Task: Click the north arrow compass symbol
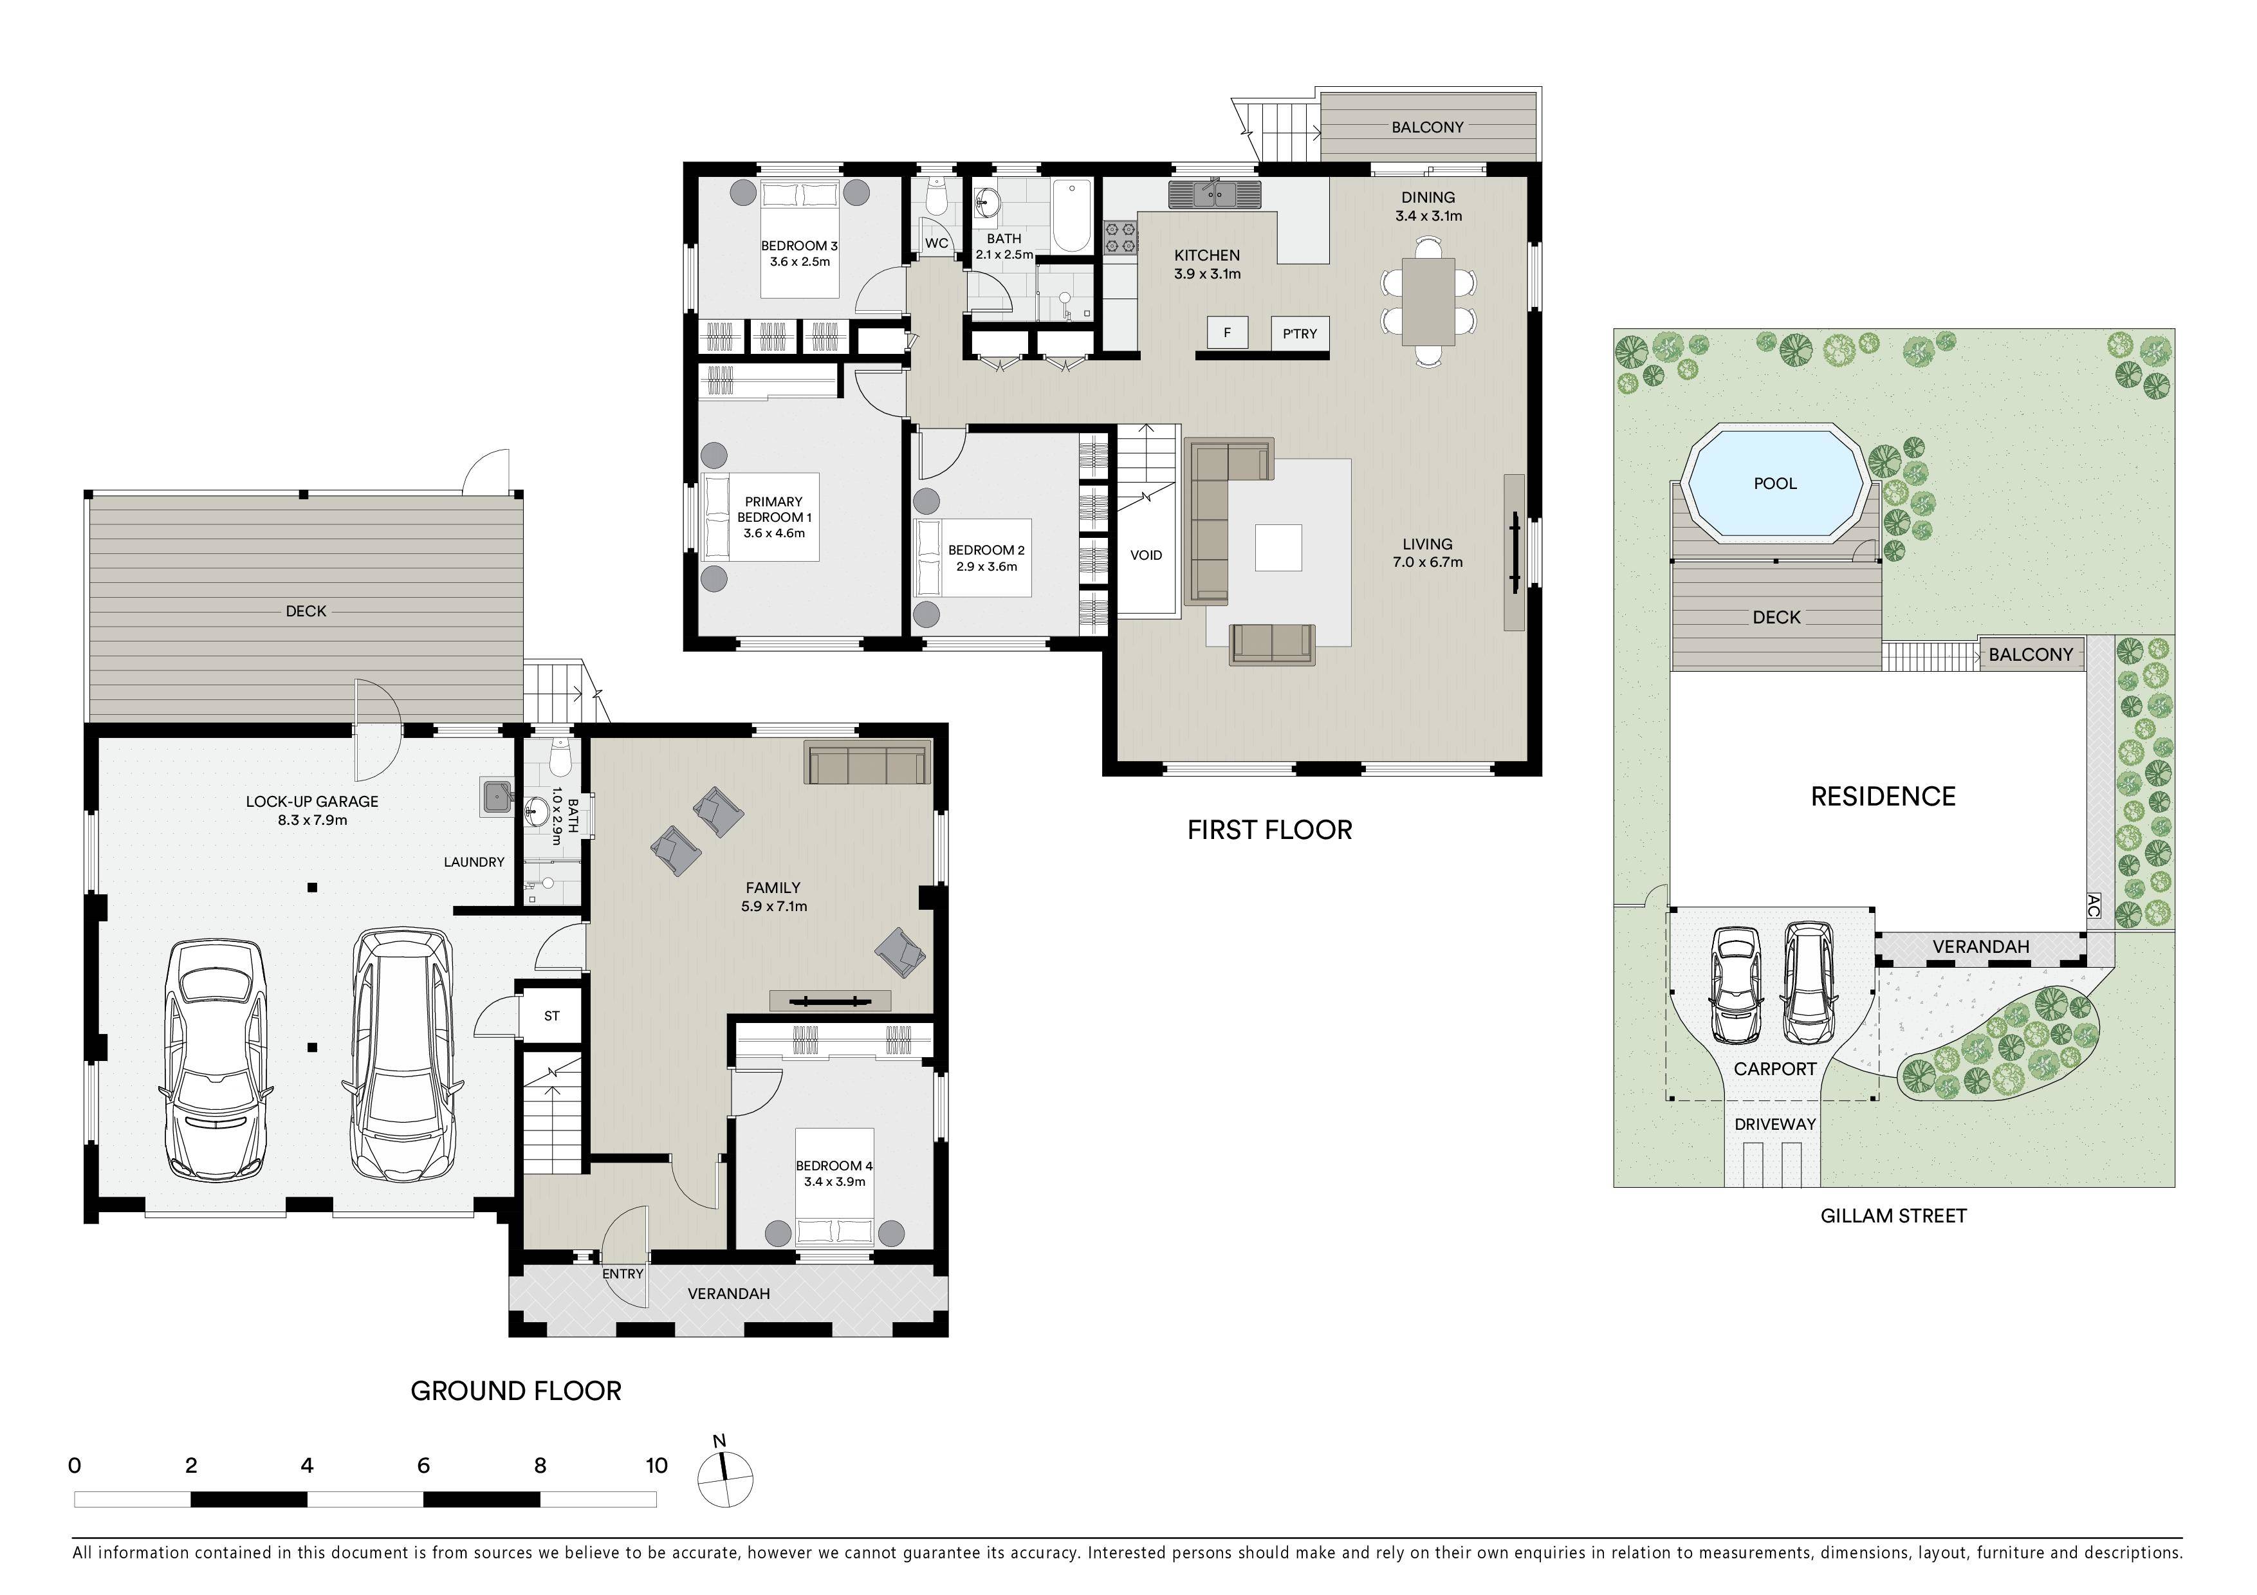(726, 1474)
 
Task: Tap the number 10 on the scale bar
(657, 1465)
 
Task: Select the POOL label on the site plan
(1775, 483)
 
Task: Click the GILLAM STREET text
(1893, 1215)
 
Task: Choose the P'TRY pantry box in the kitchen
(1300, 333)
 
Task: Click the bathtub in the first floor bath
(1071, 216)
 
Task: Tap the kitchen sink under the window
(1214, 194)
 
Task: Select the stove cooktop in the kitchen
(1121, 239)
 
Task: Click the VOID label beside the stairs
(1147, 555)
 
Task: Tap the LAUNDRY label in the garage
(474, 862)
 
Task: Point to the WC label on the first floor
(937, 243)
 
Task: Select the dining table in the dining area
(1428, 300)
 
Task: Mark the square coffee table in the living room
(1279, 548)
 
